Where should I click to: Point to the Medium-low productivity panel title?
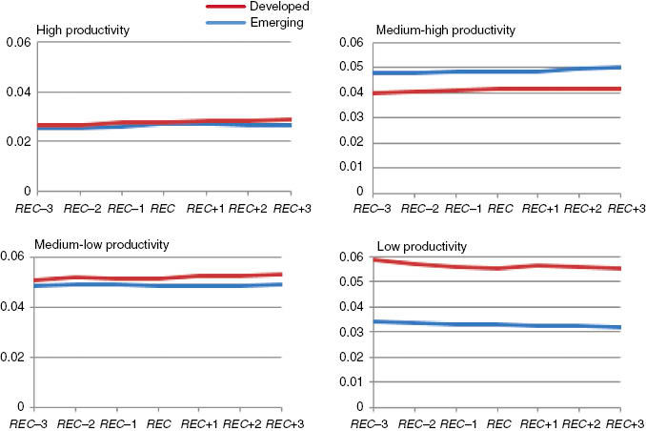[102, 244]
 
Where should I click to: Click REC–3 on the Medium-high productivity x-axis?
[369, 207]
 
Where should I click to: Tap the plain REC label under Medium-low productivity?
[163, 422]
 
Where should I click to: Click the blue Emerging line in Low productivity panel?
[495, 325]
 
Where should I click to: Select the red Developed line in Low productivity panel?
[495, 268]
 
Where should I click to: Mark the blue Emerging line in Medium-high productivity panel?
[495, 71]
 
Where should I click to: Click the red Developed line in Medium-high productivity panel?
[495, 89]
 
